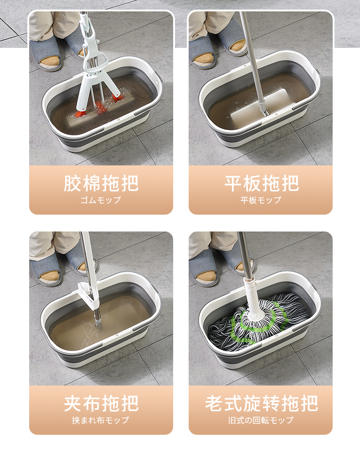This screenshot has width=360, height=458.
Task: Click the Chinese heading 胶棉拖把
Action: (x=101, y=183)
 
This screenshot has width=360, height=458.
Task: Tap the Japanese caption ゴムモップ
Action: (x=101, y=200)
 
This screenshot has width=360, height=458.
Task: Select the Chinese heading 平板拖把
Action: (x=262, y=183)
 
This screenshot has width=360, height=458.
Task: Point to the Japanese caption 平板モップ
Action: (x=261, y=200)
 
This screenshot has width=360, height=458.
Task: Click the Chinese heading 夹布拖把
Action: (x=101, y=403)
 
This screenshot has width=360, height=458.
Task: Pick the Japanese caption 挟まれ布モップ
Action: (x=101, y=420)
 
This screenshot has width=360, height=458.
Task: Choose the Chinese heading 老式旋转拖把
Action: (x=262, y=403)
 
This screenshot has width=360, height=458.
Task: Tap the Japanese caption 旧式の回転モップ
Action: (x=261, y=420)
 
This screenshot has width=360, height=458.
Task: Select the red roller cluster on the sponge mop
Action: (x=101, y=107)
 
